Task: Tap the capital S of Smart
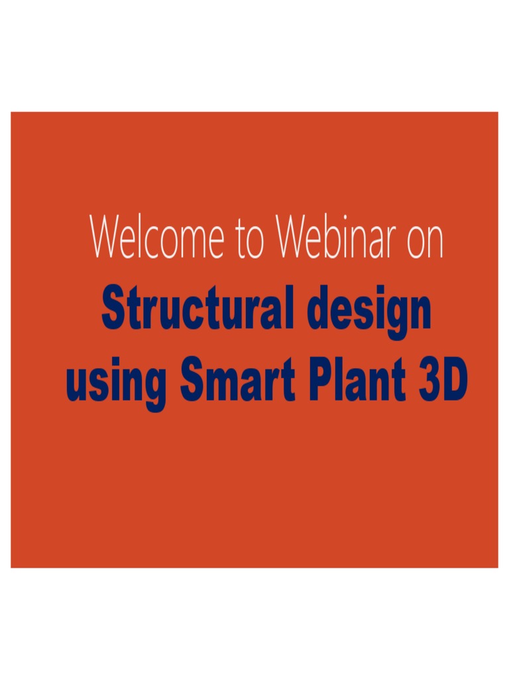(192, 382)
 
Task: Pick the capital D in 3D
(456, 382)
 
